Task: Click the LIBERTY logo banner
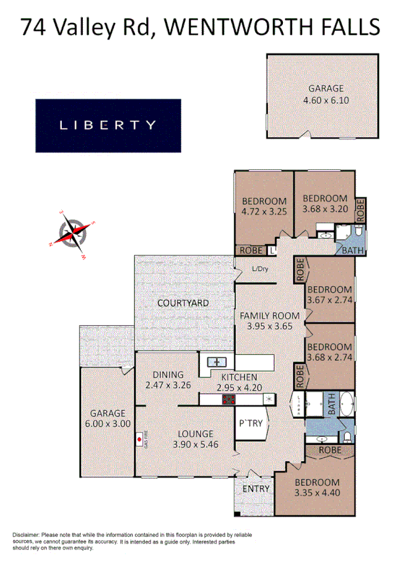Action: pyautogui.click(x=108, y=125)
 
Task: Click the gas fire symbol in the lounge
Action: pyautogui.click(x=139, y=437)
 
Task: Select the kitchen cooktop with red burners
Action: pyautogui.click(x=228, y=399)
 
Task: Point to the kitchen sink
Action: pyautogui.click(x=217, y=361)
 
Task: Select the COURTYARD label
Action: pyautogui.click(x=183, y=303)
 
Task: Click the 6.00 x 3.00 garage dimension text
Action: pyautogui.click(x=107, y=424)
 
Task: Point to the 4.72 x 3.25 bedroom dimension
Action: pyautogui.click(x=264, y=212)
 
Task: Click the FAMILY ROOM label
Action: pyautogui.click(x=269, y=315)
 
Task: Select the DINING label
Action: pyautogui.click(x=168, y=375)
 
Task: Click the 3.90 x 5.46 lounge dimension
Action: pyautogui.click(x=195, y=444)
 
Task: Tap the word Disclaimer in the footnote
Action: pyautogui.click(x=26, y=535)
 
